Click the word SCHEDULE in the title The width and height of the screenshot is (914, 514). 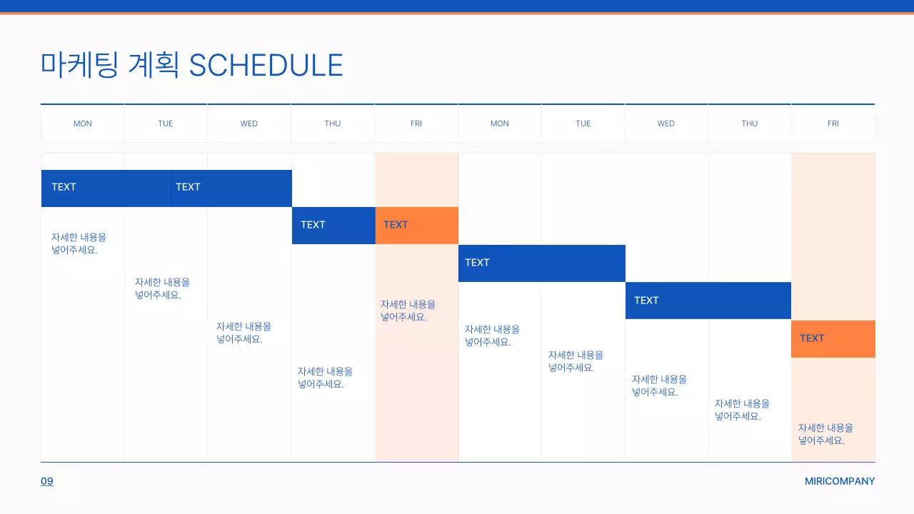[266, 65]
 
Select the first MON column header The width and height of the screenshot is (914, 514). [83, 124]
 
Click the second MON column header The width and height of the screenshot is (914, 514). [500, 124]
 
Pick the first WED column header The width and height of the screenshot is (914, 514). [249, 124]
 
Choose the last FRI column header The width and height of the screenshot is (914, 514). [833, 124]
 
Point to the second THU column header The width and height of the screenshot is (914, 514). [750, 124]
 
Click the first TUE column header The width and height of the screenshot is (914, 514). [166, 124]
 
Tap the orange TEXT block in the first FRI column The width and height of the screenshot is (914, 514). [416, 226]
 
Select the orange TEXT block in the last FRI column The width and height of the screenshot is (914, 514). [833, 339]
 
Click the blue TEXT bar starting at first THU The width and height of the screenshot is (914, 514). [333, 226]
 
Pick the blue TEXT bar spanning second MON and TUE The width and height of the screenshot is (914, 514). [541, 263]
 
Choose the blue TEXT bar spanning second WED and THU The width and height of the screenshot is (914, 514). [708, 301]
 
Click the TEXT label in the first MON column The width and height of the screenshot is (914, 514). [64, 187]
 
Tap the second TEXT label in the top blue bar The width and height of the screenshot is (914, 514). [188, 187]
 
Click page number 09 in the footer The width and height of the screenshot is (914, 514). [47, 481]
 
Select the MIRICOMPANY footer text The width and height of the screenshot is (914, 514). [839, 481]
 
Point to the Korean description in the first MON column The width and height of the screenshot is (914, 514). [79, 243]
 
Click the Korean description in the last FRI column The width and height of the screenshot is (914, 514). [825, 434]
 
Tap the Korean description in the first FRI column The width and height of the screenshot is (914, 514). [408, 311]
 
